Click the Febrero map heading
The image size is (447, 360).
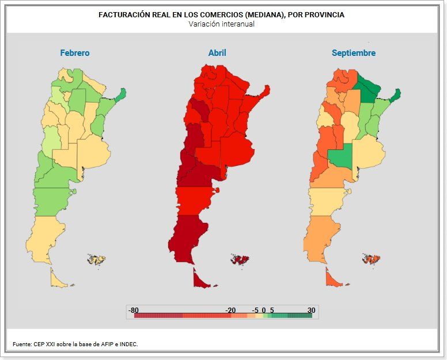point(75,53)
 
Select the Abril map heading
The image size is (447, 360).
point(217,53)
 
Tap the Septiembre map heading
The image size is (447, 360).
point(354,53)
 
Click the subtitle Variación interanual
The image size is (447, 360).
point(221,24)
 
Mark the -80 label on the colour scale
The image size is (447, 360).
point(134,310)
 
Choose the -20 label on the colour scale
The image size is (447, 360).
point(230,310)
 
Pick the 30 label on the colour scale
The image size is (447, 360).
point(311,310)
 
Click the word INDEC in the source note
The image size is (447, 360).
point(128,344)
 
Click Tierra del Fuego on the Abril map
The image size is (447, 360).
point(199,280)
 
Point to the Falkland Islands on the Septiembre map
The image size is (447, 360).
point(371,260)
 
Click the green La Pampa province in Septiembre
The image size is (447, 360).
point(340,157)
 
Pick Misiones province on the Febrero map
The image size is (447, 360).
point(119,95)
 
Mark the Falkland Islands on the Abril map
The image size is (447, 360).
point(238,260)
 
